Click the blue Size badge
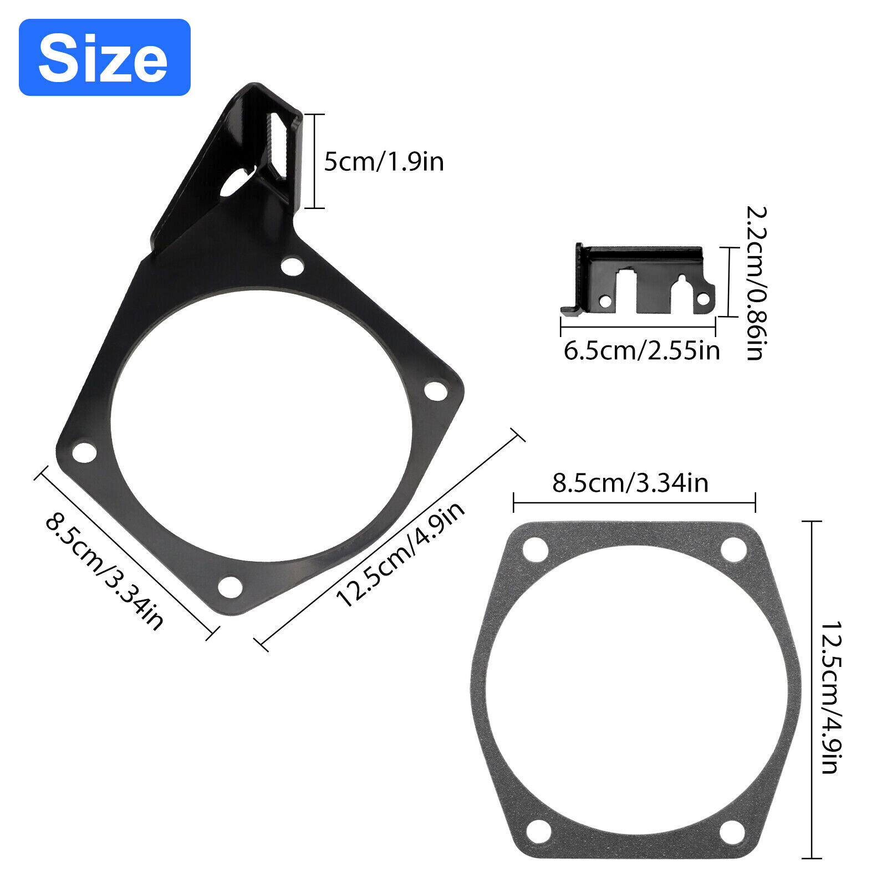(105, 57)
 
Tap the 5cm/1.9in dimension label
(384, 162)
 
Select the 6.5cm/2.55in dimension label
(641, 351)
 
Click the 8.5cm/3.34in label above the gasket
(630, 483)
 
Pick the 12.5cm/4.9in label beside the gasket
(831, 697)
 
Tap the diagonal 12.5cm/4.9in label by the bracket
(400, 554)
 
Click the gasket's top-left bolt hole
(536, 550)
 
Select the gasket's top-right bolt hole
(733, 550)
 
